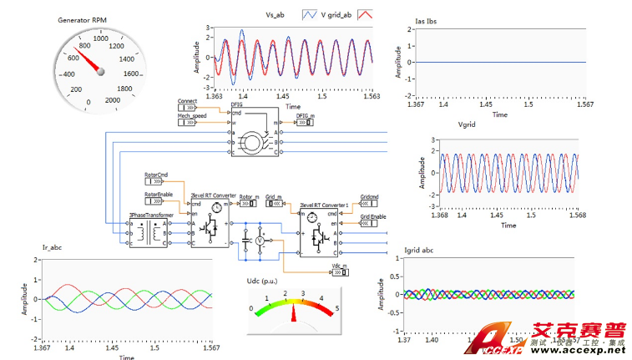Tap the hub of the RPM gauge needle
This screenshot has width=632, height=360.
[101, 72]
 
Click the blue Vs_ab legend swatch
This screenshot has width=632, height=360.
[308, 14]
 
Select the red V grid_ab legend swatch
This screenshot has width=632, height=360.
[365, 14]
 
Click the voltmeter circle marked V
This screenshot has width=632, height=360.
[259, 240]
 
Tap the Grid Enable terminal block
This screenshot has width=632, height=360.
[372, 224]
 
